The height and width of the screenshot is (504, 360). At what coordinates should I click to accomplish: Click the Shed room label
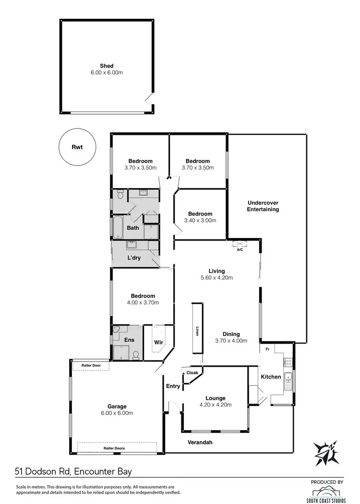click(106, 66)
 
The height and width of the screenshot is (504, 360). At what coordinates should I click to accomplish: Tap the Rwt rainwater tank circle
click(77, 147)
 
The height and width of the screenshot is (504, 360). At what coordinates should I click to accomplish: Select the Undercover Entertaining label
click(263, 206)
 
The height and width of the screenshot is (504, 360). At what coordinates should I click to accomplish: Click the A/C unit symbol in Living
click(240, 244)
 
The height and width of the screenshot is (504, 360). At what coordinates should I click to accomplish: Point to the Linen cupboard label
click(197, 332)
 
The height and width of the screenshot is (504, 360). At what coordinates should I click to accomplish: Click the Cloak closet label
click(192, 373)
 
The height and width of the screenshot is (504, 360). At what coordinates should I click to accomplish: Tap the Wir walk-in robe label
click(158, 342)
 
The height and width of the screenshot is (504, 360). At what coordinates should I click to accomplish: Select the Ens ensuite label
click(130, 340)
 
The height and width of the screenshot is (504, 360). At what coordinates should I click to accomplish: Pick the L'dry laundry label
click(134, 258)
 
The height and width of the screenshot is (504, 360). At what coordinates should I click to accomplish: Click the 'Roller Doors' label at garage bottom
click(114, 448)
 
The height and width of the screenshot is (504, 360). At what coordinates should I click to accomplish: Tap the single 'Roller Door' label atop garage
click(91, 365)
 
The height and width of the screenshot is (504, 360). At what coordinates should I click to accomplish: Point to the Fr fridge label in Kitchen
click(267, 349)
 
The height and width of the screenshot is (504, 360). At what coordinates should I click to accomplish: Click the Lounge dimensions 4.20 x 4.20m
click(216, 405)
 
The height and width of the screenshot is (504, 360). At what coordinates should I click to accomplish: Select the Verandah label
click(200, 443)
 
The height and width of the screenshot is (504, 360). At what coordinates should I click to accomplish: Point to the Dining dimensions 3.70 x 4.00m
click(231, 341)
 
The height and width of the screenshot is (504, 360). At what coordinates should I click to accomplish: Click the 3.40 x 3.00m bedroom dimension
click(200, 221)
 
